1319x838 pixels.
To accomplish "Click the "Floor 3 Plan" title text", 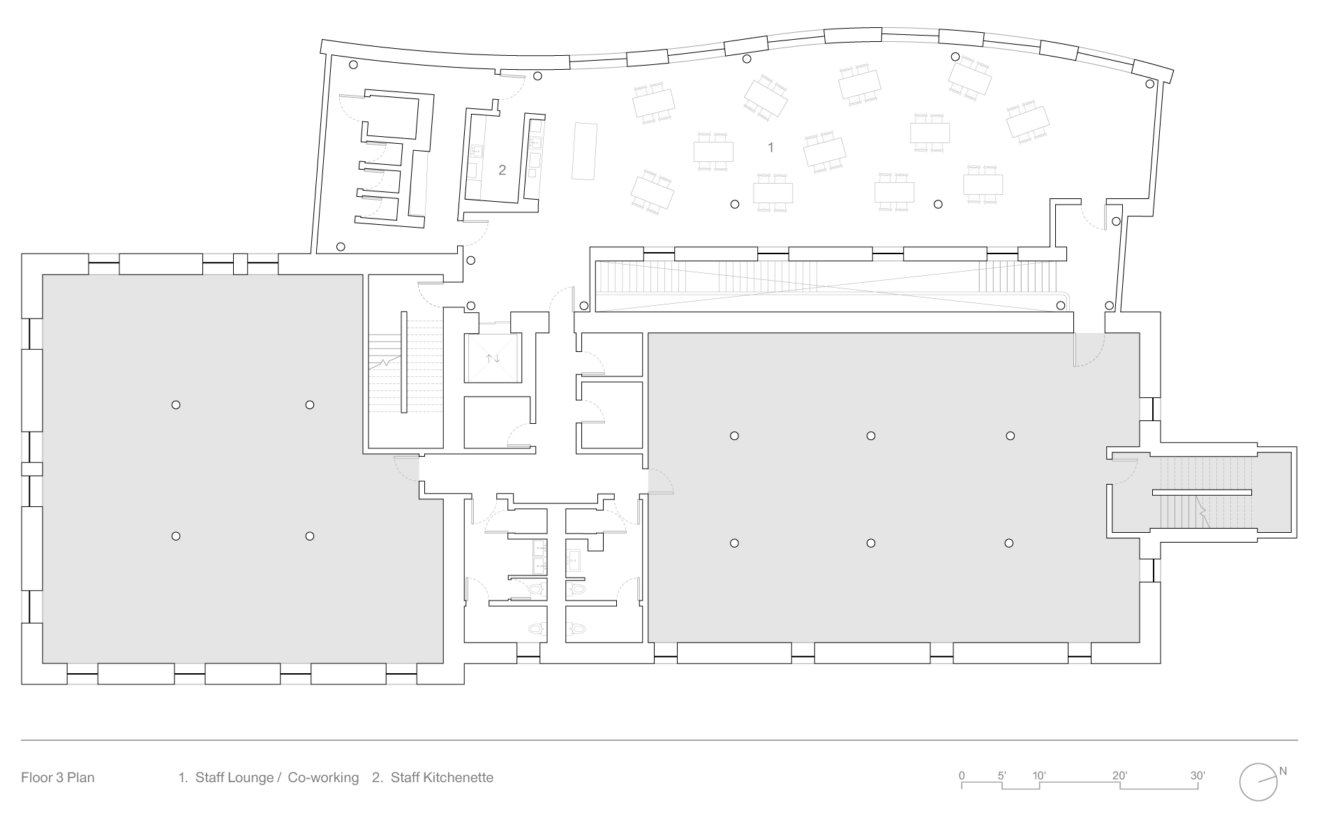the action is (57, 777).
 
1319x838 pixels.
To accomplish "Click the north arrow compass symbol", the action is (1258, 781).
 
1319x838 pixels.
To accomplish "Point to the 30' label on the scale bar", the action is (1198, 775).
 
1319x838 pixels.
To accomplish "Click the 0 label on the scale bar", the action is (962, 775).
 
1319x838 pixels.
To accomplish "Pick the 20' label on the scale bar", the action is (1119, 775).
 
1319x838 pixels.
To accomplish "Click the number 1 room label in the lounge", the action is (770, 147).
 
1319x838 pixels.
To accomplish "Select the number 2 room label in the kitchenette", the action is (502, 170).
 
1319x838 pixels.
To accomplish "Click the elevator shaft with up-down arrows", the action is (493, 358).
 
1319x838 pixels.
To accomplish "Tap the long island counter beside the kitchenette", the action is (585, 151).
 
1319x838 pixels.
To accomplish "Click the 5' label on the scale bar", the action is (1001, 775).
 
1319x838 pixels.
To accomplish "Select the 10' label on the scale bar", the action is (1039, 775).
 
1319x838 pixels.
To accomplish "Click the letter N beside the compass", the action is (1283, 772).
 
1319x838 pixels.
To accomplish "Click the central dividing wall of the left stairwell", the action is (403, 362).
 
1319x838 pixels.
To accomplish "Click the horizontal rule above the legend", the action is (659, 740).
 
